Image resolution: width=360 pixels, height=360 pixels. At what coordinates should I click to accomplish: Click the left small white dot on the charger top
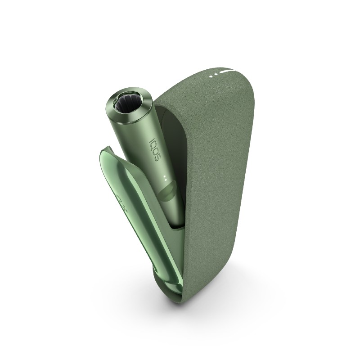click(x=211, y=76)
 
